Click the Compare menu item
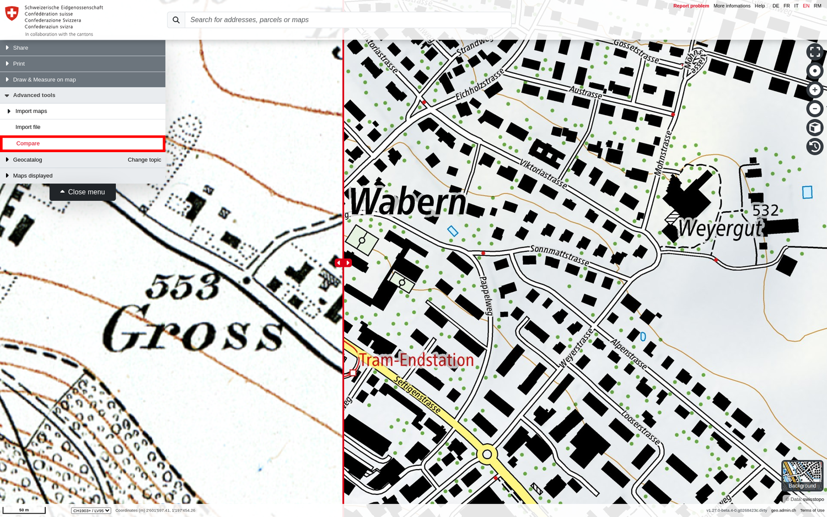tap(28, 143)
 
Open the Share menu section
tap(20, 48)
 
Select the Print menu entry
tap(19, 64)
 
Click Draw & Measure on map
tap(44, 80)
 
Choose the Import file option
tap(28, 127)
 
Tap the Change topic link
tap(144, 160)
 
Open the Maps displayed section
tap(33, 176)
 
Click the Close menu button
tap(83, 192)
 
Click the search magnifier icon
tap(176, 20)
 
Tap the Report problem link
tap(691, 6)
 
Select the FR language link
tap(786, 6)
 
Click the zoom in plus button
tap(814, 90)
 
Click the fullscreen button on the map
tap(814, 52)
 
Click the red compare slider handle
tap(343, 263)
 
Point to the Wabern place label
tap(409, 202)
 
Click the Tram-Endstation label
tap(416, 360)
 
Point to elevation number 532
tap(765, 210)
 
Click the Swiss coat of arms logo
tap(12, 13)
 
